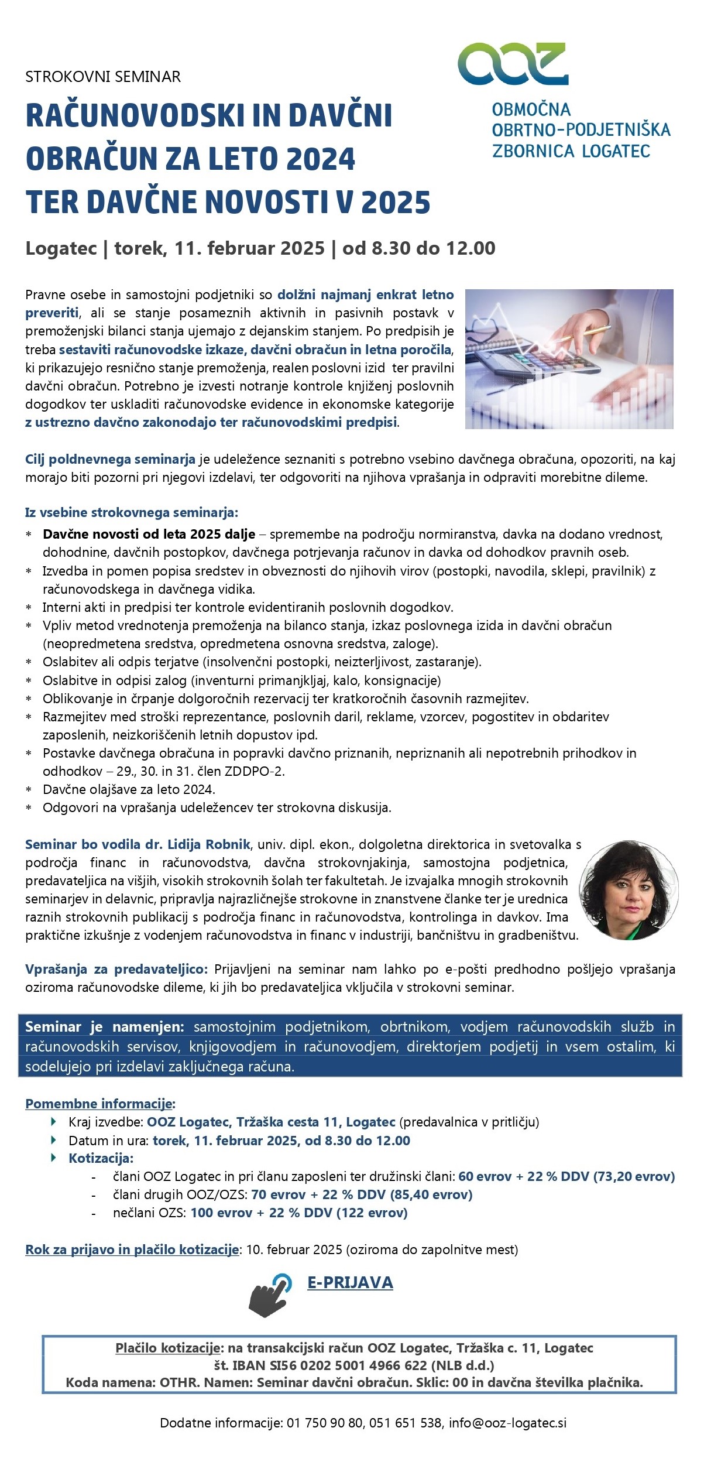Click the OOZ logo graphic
point(513,64)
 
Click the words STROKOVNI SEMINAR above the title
point(103,77)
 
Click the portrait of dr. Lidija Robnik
point(629,890)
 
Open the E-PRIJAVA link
point(350,1282)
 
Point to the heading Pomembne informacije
point(100,1104)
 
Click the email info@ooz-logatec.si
point(507,1423)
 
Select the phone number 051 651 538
point(405,1423)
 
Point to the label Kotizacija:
point(101,1158)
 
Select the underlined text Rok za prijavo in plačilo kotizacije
point(132,1249)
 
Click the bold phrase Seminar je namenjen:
point(105,1027)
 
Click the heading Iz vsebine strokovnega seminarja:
point(132,513)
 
